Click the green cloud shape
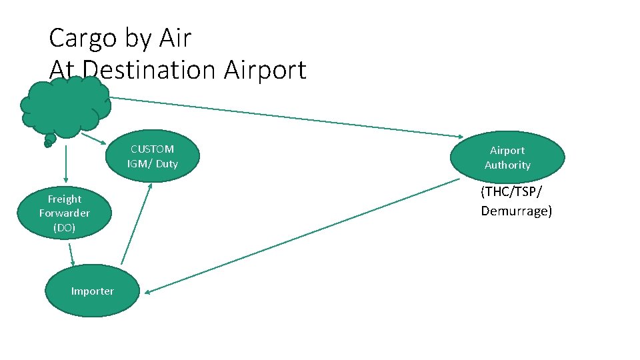(x=65, y=107)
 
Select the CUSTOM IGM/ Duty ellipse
(x=153, y=157)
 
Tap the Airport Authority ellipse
(x=507, y=158)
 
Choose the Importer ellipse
(x=92, y=291)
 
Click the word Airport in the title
(x=265, y=69)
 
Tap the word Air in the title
(x=175, y=39)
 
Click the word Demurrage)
(x=517, y=211)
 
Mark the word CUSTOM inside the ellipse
(x=152, y=149)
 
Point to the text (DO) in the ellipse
(x=65, y=227)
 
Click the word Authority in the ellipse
(x=507, y=165)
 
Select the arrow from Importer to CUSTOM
(x=137, y=223)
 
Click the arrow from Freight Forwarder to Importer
(x=71, y=253)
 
